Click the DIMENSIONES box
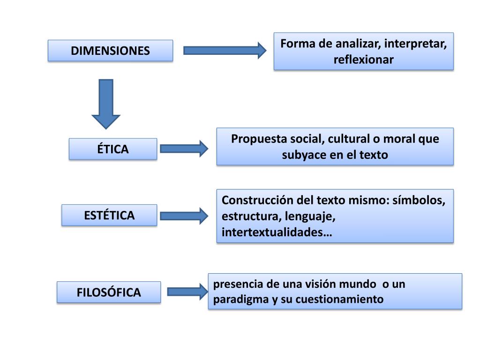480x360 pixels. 110,51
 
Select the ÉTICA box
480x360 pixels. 113,149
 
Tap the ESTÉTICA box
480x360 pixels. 109,216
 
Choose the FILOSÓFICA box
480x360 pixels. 109,292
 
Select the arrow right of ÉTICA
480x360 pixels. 184,149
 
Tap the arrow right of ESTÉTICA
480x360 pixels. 184,216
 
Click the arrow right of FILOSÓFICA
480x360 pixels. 187,292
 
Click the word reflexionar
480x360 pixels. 363,60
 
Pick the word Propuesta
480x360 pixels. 254,139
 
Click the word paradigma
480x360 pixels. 240,299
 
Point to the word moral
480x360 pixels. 397,139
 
